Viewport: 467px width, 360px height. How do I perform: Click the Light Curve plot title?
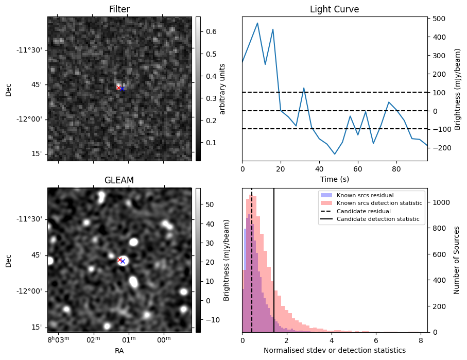[x=334, y=9]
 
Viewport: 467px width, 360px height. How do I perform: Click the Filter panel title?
[x=119, y=9]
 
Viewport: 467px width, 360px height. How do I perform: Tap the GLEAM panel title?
[x=119, y=180]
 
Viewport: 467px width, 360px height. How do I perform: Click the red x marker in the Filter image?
[x=118, y=88]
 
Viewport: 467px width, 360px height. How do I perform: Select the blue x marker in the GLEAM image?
[x=123, y=261]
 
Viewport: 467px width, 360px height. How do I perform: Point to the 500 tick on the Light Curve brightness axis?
[x=438, y=19]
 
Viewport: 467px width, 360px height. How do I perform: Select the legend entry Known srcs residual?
[x=365, y=195]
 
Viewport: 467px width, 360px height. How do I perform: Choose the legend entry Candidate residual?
[x=365, y=211]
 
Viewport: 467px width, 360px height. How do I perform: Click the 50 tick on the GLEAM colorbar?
[x=207, y=204]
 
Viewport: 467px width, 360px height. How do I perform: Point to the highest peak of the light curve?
[x=257, y=23]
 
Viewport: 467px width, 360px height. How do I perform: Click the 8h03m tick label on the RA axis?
[x=59, y=339]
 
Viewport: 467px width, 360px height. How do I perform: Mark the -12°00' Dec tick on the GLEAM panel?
[x=31, y=291]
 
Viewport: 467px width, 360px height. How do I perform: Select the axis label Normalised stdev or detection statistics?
[x=334, y=350]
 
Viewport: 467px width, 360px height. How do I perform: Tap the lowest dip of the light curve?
[x=335, y=154]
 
